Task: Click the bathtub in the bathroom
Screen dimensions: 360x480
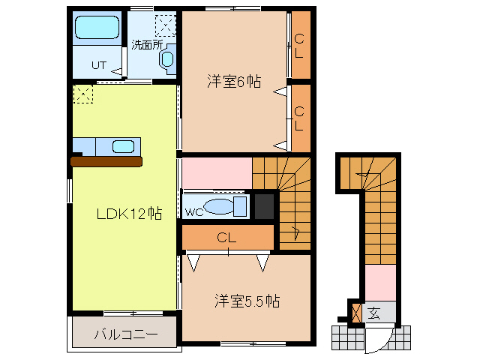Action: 97,28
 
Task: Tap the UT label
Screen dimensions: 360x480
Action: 99,65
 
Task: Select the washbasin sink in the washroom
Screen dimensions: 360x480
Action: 166,60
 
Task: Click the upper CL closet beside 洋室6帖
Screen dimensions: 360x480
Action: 299,45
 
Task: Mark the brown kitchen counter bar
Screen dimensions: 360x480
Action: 106,160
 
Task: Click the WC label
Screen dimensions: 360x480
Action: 194,211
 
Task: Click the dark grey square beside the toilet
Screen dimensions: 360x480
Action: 264,206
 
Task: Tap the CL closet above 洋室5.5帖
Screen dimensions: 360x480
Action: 227,238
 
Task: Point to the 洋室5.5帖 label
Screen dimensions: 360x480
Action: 247,301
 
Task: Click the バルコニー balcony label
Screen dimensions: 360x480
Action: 126,334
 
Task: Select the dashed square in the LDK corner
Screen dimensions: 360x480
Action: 82,94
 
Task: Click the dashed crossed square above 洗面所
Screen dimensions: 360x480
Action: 164,25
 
